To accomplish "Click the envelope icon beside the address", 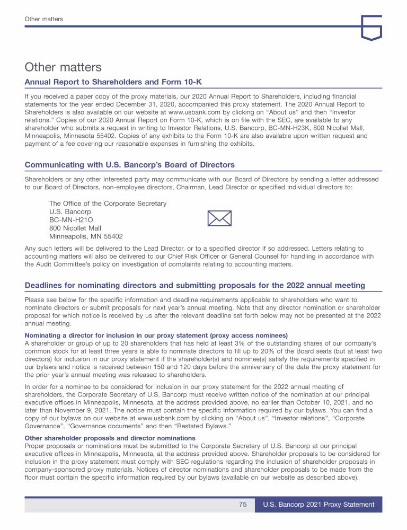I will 218,218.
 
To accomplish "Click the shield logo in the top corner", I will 371,27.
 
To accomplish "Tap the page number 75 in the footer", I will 243,505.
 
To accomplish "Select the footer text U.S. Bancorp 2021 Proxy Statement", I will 318,505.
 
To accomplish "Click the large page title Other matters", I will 63,67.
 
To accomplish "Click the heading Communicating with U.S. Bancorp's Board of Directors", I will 129,165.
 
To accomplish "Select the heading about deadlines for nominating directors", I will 194,285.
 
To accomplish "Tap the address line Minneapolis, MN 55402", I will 86,236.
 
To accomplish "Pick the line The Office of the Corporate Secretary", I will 108,204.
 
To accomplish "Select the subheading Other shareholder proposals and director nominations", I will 110,438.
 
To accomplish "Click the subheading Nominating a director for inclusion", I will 156,335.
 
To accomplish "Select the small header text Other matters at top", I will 44,19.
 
